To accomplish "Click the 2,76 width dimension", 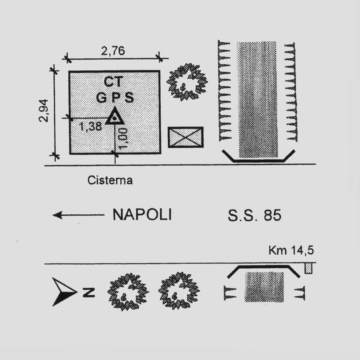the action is pos(113,51).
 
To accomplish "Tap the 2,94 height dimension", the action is pos(44,110).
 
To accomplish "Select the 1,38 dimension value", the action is pos(90,127).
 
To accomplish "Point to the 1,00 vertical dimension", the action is pos(123,138).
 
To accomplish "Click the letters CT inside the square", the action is pos(114,82).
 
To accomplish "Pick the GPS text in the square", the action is pos(115,97).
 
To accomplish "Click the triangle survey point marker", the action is pos(114,116).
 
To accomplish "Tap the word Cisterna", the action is pos(110,180).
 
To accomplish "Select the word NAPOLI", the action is pos(142,215).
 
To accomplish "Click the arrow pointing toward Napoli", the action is pos(78,215).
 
